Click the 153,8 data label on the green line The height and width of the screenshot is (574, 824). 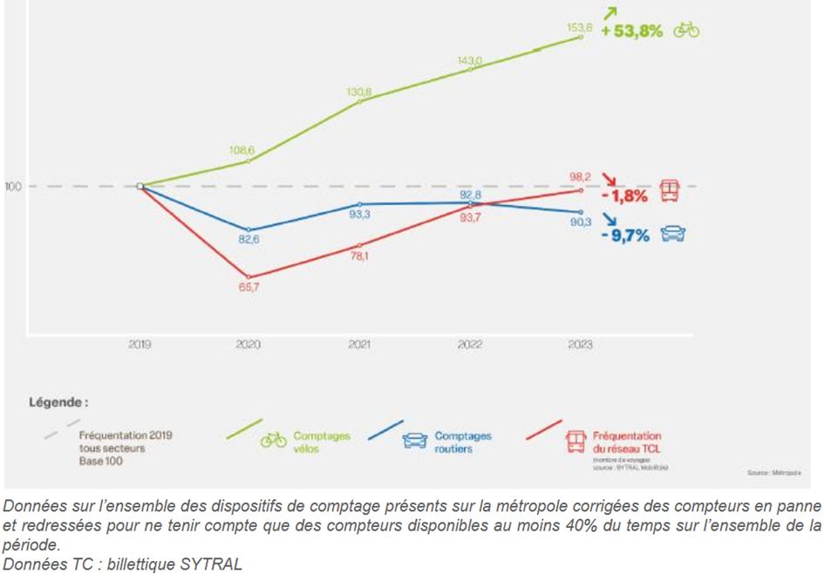(x=581, y=28)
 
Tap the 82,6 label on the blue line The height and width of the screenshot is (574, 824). (x=249, y=239)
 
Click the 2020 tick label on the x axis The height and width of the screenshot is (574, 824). (x=249, y=345)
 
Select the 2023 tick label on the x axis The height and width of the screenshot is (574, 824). (x=580, y=345)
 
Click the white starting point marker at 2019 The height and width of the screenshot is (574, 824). (x=140, y=186)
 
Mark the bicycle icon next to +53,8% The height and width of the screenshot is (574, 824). (x=685, y=31)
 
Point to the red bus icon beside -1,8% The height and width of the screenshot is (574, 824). (x=670, y=190)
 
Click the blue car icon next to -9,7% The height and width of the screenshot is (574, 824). (x=673, y=234)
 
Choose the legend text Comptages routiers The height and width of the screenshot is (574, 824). (x=462, y=441)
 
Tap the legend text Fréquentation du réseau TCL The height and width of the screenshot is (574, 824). (x=625, y=441)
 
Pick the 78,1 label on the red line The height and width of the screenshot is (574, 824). (x=359, y=256)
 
